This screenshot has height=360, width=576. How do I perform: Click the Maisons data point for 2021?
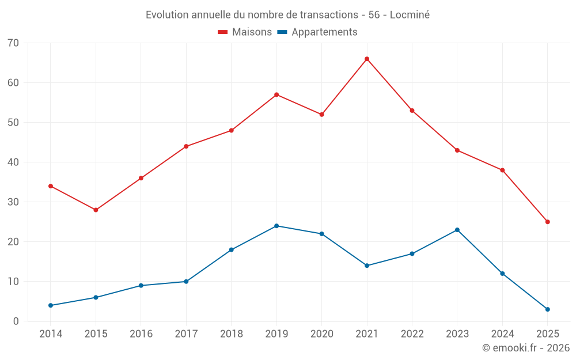click(x=367, y=59)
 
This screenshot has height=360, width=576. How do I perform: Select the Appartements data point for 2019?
click(x=276, y=226)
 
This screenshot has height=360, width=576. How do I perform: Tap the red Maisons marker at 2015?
click(x=96, y=210)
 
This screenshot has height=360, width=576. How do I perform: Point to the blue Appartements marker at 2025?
click(x=548, y=309)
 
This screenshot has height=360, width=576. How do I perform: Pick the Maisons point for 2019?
click(x=276, y=94)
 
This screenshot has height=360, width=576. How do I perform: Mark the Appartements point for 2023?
click(x=457, y=230)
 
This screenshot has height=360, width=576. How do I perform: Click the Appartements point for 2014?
click(x=51, y=305)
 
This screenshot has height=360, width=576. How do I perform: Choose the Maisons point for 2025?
click(x=548, y=222)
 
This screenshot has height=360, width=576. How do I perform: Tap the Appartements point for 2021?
click(x=367, y=266)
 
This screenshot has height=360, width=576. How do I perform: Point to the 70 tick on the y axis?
click(x=13, y=43)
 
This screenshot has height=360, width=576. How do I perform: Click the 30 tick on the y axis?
click(x=13, y=202)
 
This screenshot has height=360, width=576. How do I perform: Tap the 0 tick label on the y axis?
click(x=16, y=321)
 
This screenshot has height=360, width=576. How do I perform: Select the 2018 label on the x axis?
click(x=232, y=334)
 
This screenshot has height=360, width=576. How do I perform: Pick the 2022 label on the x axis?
click(x=412, y=334)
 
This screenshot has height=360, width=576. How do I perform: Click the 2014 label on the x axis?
click(x=51, y=334)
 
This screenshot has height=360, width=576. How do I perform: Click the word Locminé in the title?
click(x=410, y=15)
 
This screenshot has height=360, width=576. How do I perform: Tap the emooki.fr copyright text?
click(x=526, y=348)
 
